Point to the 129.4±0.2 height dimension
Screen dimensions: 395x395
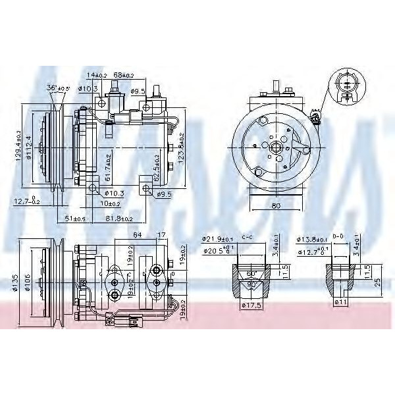[18, 147]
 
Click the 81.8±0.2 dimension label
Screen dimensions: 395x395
[120, 218]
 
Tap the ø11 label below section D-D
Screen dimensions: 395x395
[341, 302]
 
